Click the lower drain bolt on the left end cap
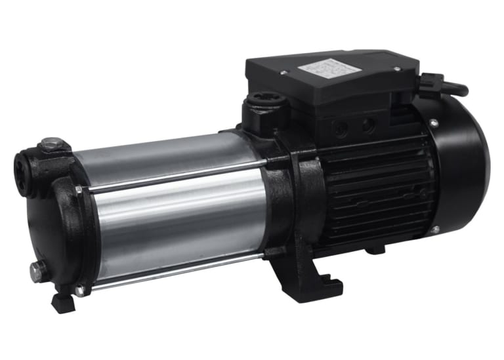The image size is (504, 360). click(x=36, y=268)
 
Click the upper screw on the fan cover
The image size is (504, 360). click(x=434, y=122)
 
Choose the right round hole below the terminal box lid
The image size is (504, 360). click(x=367, y=123)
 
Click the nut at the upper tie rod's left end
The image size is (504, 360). click(x=79, y=190)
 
